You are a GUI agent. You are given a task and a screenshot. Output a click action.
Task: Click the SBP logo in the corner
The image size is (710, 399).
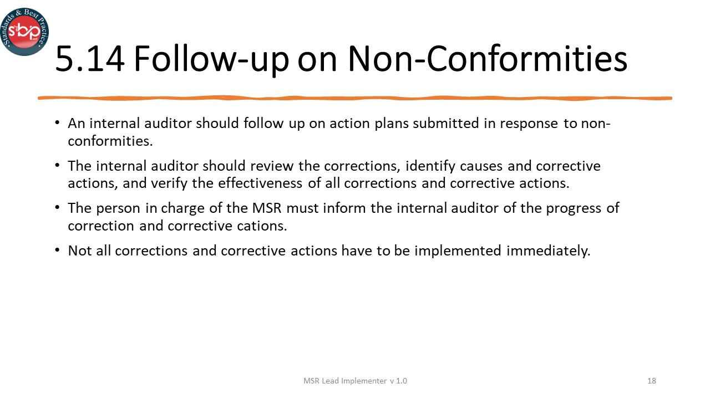[24, 31]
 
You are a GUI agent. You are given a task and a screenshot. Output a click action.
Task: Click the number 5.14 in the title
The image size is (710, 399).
[90, 59]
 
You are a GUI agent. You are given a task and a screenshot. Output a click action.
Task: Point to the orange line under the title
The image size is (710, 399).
[355, 98]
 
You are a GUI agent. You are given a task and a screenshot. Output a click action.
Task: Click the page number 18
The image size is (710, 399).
[652, 381]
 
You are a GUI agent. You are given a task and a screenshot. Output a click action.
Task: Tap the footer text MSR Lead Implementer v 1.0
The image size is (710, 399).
[355, 381]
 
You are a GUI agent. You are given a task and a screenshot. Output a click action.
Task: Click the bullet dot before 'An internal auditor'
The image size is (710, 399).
[58, 122]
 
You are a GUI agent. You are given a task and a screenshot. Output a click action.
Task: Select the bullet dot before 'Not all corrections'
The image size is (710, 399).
[58, 250]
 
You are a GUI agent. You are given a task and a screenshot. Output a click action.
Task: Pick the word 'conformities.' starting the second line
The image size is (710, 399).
[110, 141]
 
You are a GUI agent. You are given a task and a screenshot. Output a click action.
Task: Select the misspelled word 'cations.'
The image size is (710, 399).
[262, 226]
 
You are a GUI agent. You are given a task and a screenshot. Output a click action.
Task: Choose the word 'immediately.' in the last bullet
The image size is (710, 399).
[548, 250]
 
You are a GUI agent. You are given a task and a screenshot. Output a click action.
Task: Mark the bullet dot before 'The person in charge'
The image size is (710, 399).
[58, 208]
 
